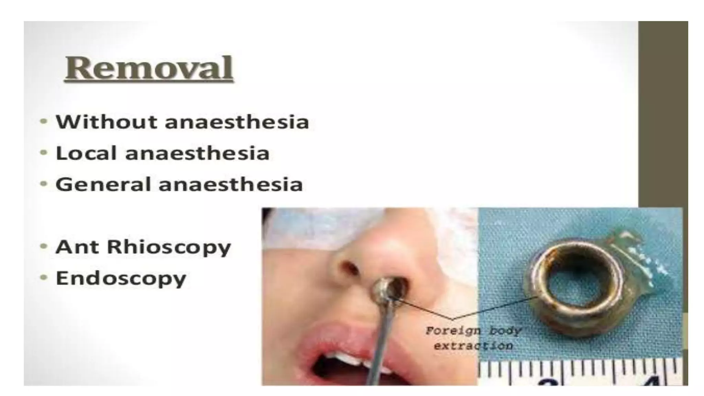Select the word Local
click(86, 153)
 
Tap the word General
click(103, 184)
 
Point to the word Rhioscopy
click(169, 247)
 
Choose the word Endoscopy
click(121, 278)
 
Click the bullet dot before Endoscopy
click(44, 277)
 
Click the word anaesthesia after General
click(231, 184)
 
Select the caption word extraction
click(473, 345)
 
